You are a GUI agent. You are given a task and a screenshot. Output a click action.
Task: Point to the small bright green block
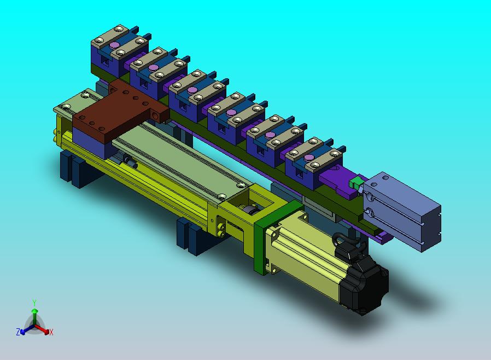point(356,183)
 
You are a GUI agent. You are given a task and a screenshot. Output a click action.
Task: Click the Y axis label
point(34,303)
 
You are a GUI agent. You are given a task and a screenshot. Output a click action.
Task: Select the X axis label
point(51,332)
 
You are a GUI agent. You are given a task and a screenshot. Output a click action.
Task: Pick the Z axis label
point(18,332)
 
